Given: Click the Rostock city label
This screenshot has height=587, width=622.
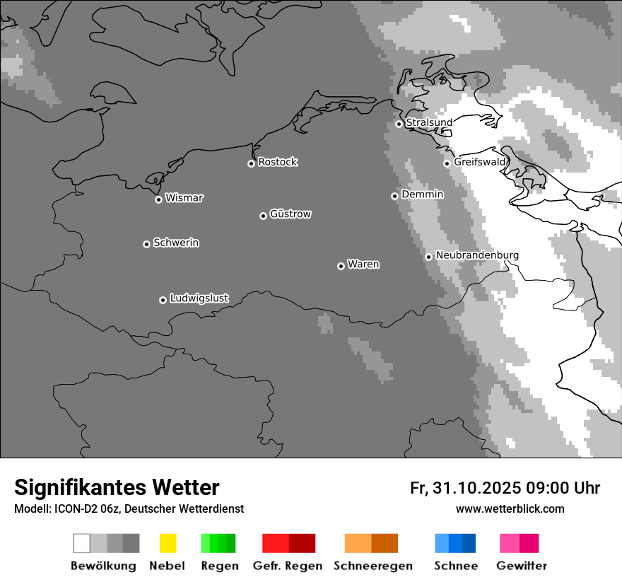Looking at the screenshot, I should [278, 162].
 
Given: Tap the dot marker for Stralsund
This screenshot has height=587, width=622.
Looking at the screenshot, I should [399, 124].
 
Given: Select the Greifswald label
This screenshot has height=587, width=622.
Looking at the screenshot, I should [480, 162].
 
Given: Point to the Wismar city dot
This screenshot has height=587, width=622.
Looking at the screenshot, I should [158, 199].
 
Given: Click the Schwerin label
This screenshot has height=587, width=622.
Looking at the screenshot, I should [176, 243].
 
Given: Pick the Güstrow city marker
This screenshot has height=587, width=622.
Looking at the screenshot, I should [263, 216].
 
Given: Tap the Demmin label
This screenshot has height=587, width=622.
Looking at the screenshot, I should [422, 194].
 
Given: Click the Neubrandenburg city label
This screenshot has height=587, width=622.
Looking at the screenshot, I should [477, 255].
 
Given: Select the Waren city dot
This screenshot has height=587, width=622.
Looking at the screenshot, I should [341, 266].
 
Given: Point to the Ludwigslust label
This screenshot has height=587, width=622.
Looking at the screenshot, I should [199, 298].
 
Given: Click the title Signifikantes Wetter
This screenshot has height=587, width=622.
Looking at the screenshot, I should [117, 487].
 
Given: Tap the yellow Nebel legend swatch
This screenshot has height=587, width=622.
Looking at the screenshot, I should [168, 543].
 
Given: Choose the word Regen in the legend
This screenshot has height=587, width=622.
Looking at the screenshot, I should [219, 566].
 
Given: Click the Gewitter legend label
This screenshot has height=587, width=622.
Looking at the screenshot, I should [522, 566].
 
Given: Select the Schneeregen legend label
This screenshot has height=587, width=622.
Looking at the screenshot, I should [373, 566].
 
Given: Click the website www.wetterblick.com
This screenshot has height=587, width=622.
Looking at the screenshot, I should [510, 508].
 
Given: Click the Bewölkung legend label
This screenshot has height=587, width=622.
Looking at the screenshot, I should [103, 566].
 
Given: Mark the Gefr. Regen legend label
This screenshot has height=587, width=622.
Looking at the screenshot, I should [288, 566].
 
